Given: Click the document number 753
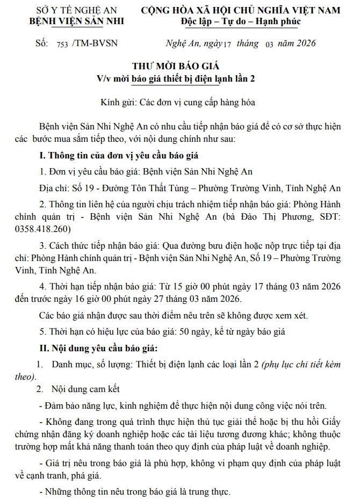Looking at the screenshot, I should point(62,44).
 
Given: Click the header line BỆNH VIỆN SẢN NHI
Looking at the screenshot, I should point(76,21).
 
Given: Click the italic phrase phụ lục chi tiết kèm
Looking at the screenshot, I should point(301,364).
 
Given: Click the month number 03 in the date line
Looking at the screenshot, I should point(269,44).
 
